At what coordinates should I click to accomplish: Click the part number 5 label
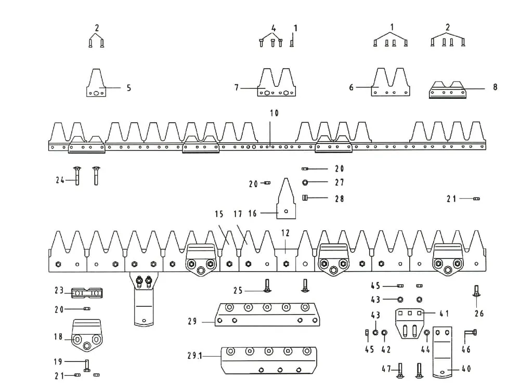(128, 88)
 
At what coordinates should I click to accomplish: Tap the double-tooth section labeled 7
(277, 82)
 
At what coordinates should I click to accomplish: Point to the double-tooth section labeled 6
(391, 82)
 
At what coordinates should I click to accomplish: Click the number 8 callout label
(495, 87)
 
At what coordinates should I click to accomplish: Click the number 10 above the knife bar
(274, 113)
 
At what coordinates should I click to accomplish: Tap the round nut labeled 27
(305, 182)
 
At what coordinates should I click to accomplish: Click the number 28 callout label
(339, 199)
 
